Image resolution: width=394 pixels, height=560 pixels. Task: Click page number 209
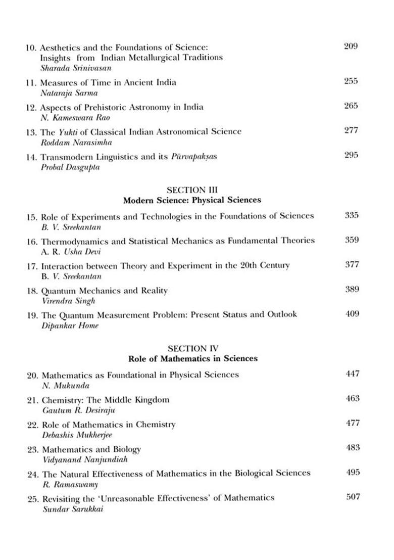coord(350,46)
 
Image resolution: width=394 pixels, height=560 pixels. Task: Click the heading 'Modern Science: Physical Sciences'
coord(192,200)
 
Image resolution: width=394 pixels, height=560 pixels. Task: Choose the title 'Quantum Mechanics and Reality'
coord(105,291)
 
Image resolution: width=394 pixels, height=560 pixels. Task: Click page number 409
coord(352,314)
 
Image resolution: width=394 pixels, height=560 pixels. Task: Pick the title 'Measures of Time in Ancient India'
coord(109,82)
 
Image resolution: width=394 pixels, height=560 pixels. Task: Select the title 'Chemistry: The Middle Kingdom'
coord(105,400)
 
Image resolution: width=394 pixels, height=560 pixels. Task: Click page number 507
coord(353,496)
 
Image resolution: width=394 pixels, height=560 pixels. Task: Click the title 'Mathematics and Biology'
coord(91,449)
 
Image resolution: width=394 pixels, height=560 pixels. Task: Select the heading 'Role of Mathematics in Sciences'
coord(192,358)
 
